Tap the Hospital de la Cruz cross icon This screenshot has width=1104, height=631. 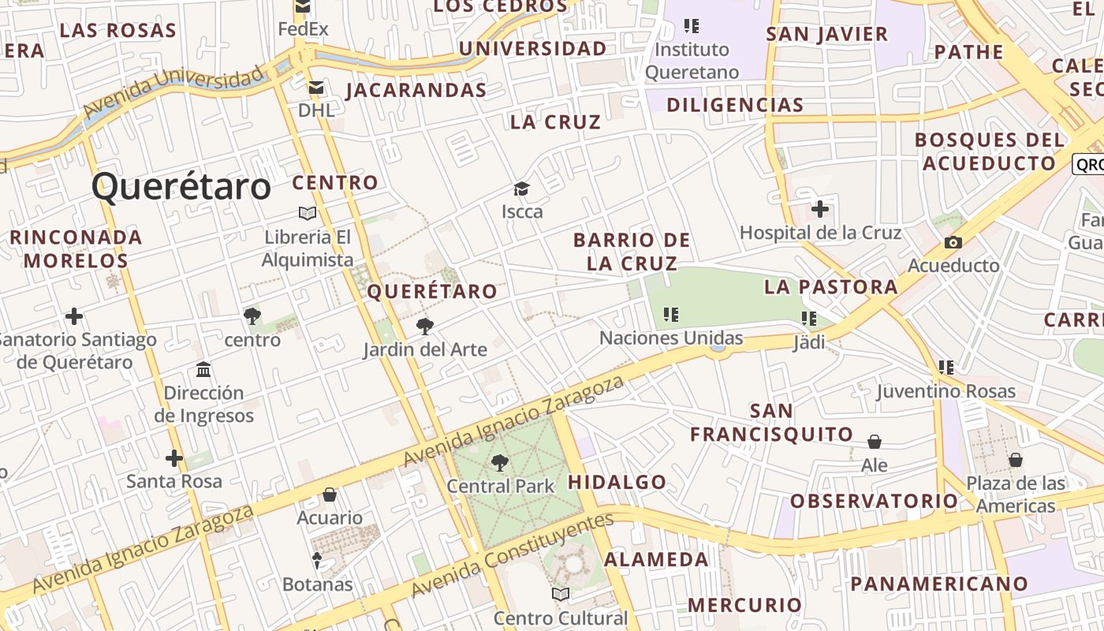[820, 209]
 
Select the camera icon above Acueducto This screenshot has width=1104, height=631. [953, 242]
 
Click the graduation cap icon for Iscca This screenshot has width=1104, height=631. [521, 189]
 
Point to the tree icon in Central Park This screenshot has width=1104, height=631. [500, 463]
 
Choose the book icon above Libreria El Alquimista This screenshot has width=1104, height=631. [308, 213]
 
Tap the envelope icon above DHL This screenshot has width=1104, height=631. [316, 88]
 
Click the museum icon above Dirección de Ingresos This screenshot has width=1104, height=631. [203, 369]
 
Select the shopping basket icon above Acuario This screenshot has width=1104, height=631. [330, 495]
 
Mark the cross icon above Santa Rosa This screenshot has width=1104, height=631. [174, 457]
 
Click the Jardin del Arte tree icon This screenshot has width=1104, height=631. [425, 325]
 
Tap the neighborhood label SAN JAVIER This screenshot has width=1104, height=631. [827, 35]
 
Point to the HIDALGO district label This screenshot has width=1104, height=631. [617, 482]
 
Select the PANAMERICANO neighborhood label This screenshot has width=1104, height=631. [939, 584]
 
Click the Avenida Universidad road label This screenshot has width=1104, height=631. [173, 90]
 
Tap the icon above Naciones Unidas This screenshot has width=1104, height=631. [671, 315]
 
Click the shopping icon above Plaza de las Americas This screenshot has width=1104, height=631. [1016, 459]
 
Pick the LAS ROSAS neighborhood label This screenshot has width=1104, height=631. [118, 31]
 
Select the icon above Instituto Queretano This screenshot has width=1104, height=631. [692, 26]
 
